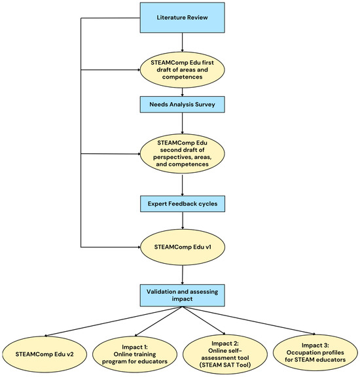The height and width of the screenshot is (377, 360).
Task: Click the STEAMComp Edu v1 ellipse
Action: point(183,247)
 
